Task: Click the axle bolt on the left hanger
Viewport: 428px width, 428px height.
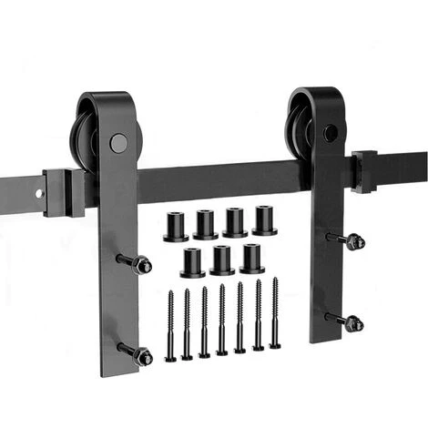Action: tap(117, 142)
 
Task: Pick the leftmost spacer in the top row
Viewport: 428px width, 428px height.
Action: tap(177, 226)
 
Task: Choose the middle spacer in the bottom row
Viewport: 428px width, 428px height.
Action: tap(222, 260)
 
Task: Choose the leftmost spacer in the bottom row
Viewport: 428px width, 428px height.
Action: tap(192, 262)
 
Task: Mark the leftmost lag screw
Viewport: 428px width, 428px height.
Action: tap(170, 323)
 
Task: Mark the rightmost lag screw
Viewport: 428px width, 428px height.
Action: tap(275, 314)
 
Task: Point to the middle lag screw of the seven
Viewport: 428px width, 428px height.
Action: tap(221, 320)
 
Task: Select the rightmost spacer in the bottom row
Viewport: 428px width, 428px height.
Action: tap(251, 258)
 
